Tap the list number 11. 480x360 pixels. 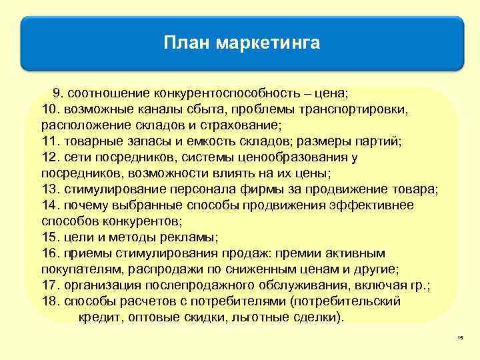(x=51, y=141)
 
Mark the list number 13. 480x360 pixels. (x=51, y=189)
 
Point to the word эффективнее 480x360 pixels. (x=375, y=205)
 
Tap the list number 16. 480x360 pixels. (x=51, y=253)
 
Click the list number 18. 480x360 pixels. (x=51, y=301)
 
